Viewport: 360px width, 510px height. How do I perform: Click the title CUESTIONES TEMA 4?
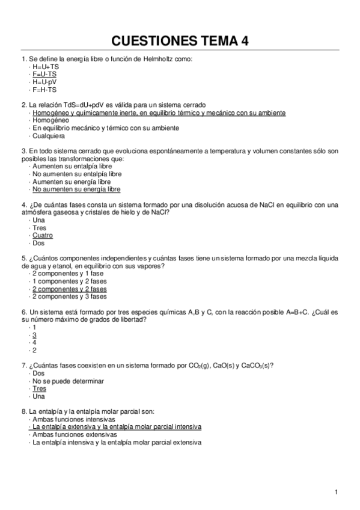(x=180, y=40)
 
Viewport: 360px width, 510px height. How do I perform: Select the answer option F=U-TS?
(x=45, y=74)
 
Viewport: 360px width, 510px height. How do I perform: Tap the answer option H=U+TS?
(x=46, y=66)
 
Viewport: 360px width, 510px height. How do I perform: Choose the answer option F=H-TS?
(x=45, y=90)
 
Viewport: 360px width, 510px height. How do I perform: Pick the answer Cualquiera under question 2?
(x=49, y=136)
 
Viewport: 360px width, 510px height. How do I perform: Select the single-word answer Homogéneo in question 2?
(x=50, y=120)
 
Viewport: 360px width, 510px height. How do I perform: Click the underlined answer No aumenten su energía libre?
(x=76, y=189)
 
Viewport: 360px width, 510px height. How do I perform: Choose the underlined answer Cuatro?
(x=43, y=236)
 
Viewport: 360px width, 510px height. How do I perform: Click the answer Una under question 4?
(x=39, y=220)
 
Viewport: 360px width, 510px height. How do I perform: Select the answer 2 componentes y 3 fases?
(x=69, y=296)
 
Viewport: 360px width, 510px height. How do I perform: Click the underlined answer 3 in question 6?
(x=35, y=334)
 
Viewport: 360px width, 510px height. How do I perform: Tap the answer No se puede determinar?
(x=69, y=381)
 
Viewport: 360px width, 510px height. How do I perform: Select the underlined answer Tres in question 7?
(x=40, y=389)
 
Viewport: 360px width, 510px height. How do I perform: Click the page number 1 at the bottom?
(x=337, y=493)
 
